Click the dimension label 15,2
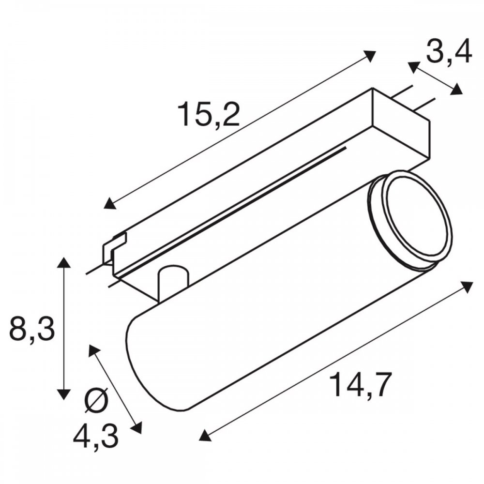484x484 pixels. (x=209, y=114)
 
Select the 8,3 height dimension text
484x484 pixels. (x=32, y=328)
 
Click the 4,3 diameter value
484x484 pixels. (x=96, y=437)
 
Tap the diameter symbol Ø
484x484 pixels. (x=96, y=400)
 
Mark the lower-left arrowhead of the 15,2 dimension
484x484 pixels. (x=110, y=204)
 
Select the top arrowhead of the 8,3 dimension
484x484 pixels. (x=63, y=263)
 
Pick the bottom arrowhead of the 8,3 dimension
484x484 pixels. (x=63, y=394)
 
